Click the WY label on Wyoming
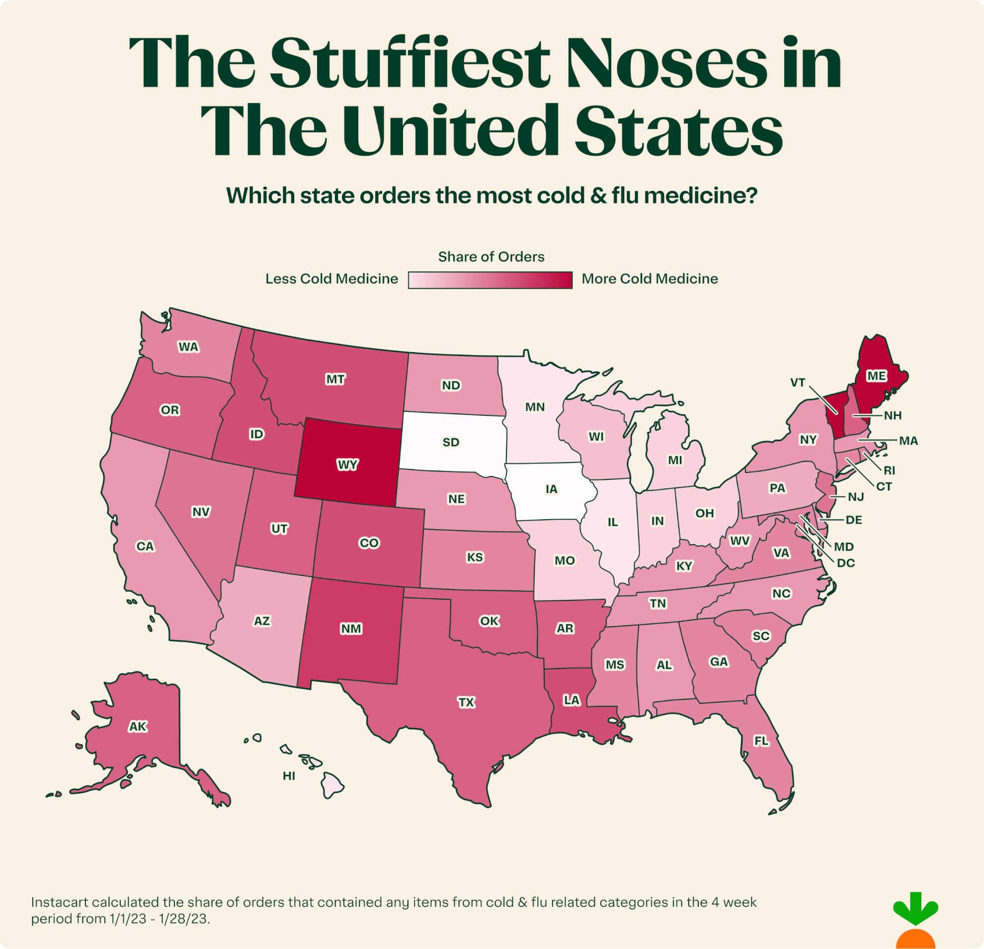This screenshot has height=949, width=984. pyautogui.click(x=347, y=464)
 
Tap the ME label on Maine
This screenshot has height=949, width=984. pyautogui.click(x=877, y=376)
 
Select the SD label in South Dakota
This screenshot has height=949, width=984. pyautogui.click(x=450, y=442)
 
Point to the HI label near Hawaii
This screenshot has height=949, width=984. pyautogui.click(x=289, y=776)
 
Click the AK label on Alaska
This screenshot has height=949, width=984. pyautogui.click(x=138, y=726)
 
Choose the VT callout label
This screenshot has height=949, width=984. pyautogui.click(x=798, y=382)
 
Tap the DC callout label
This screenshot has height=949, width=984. pyautogui.click(x=845, y=563)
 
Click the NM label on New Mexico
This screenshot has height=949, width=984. pyautogui.click(x=351, y=629)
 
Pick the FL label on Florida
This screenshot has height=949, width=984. pyautogui.click(x=761, y=741)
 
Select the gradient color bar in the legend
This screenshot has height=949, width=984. pyautogui.click(x=490, y=280)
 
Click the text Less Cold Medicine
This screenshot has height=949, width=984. pyautogui.click(x=331, y=279)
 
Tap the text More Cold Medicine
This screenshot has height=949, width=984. pyautogui.click(x=650, y=279)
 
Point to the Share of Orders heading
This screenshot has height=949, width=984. pyautogui.click(x=491, y=257)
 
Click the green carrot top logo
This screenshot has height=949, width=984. pyautogui.click(x=915, y=909)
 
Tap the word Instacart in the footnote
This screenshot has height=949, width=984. pyautogui.click(x=60, y=902)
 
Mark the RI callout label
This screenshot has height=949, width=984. pyautogui.click(x=889, y=471)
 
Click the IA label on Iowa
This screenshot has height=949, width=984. pyautogui.click(x=551, y=489)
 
